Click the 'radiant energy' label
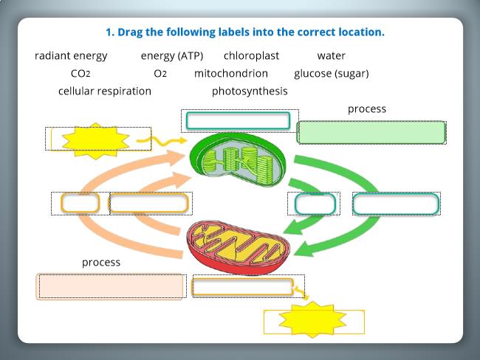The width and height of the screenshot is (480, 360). (x=71, y=56)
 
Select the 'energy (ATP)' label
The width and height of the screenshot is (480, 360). (x=172, y=56)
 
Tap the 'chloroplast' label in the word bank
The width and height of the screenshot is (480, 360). (x=251, y=55)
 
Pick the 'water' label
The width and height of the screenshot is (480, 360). (x=332, y=55)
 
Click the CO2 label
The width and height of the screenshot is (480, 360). (x=80, y=74)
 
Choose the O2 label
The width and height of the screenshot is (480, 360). (x=160, y=74)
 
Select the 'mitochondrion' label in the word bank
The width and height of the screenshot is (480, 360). (x=231, y=74)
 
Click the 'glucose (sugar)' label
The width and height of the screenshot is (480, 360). (x=332, y=74)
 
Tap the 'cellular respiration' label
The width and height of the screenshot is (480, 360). (x=105, y=91)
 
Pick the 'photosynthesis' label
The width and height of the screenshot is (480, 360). (x=250, y=91)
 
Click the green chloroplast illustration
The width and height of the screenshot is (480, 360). (x=238, y=159)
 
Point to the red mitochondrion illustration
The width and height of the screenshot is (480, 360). (x=239, y=247)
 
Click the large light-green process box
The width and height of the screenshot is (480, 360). (x=371, y=133)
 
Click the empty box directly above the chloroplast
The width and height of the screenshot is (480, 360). (x=239, y=120)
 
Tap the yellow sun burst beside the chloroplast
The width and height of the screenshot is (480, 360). (x=95, y=141)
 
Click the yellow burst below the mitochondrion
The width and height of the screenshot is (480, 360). (x=312, y=319)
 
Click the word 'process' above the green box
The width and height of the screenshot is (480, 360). (x=367, y=109)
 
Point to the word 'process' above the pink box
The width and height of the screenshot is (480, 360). (x=101, y=263)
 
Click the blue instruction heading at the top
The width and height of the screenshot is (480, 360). (x=245, y=32)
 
